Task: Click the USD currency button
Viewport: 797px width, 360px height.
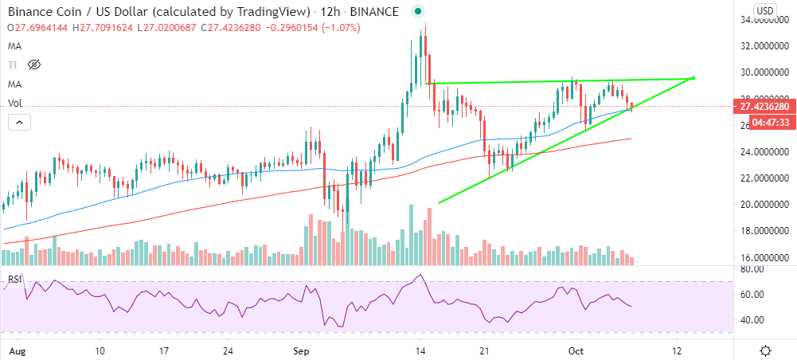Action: coord(764,10)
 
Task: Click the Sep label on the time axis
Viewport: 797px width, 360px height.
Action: coord(300,350)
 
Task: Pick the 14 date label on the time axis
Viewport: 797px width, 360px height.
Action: coord(421,350)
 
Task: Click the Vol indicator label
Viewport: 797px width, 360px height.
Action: coord(14,103)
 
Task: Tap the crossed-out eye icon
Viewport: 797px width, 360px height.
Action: coord(35,65)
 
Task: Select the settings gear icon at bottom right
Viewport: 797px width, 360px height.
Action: coord(766,350)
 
